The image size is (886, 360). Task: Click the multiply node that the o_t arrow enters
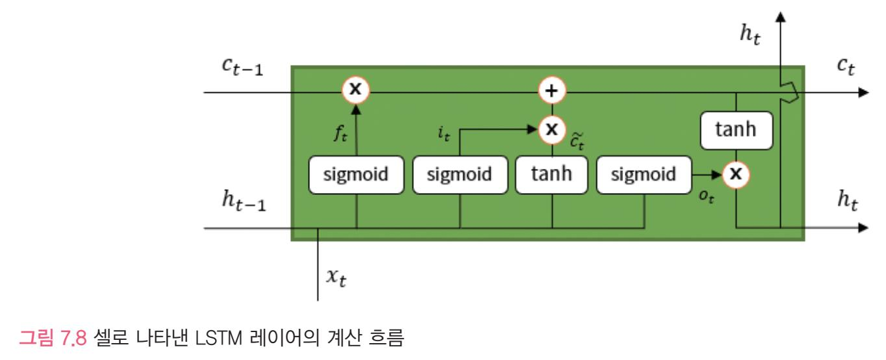click(x=736, y=174)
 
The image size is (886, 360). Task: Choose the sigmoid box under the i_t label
click(x=461, y=175)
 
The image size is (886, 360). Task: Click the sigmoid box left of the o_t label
click(x=643, y=175)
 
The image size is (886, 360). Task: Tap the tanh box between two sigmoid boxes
click(x=551, y=175)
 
